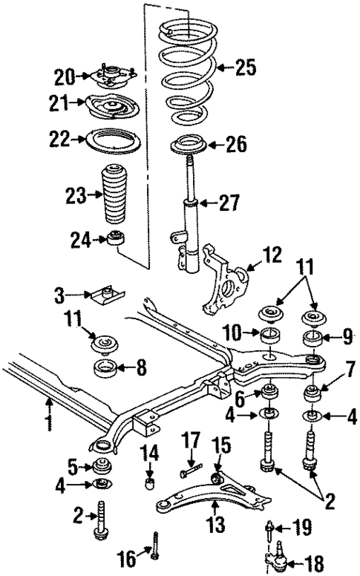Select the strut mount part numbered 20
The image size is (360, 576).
click(x=112, y=77)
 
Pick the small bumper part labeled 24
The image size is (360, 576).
click(x=116, y=239)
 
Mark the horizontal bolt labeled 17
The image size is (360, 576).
click(x=189, y=469)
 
